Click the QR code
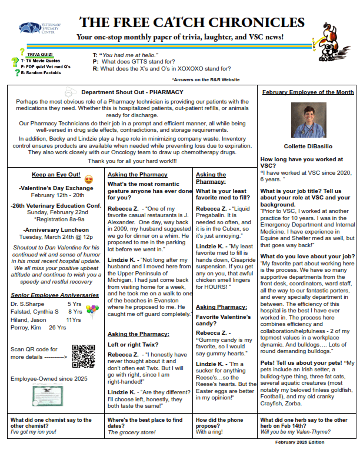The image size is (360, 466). pos(83,356)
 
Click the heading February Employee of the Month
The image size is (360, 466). pos(308,92)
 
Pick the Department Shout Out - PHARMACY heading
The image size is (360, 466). pos(132,92)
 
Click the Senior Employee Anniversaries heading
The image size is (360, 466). pos(47,294)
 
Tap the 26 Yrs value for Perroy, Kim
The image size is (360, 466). pos(57,328)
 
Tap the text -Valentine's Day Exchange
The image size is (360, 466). pos(50,188)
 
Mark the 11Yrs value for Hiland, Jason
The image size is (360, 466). pos(74,319)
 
